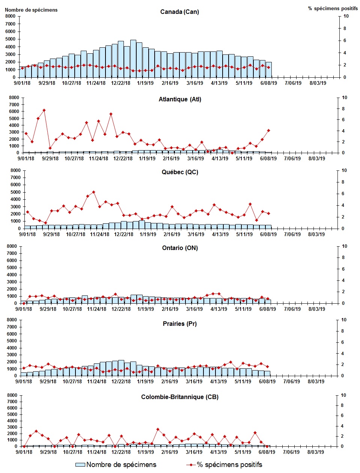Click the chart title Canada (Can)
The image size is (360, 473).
point(179,12)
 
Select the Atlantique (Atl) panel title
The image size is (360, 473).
point(180,99)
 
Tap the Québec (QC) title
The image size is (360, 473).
point(180,172)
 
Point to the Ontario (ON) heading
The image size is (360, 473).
point(180,248)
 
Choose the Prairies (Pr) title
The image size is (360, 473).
point(179,324)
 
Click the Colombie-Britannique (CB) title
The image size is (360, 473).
point(179,397)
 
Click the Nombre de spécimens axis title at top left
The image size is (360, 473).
point(31,10)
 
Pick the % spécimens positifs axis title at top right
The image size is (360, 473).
point(333,8)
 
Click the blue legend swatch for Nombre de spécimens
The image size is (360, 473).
point(80,465)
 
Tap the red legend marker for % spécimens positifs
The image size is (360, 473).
point(191,465)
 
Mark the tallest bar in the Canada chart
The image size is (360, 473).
point(133,58)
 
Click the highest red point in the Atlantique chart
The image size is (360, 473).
point(44,110)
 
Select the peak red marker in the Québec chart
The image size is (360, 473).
point(93,192)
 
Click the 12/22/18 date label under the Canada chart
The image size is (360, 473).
point(121,83)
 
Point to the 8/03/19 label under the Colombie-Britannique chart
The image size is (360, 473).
point(316,452)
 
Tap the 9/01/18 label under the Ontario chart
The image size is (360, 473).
point(24,309)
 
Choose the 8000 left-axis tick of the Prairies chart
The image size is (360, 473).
point(12,320)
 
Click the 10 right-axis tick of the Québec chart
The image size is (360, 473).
point(345,170)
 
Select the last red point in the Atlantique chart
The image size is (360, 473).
point(268,131)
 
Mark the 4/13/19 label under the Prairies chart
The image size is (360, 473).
point(218,381)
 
